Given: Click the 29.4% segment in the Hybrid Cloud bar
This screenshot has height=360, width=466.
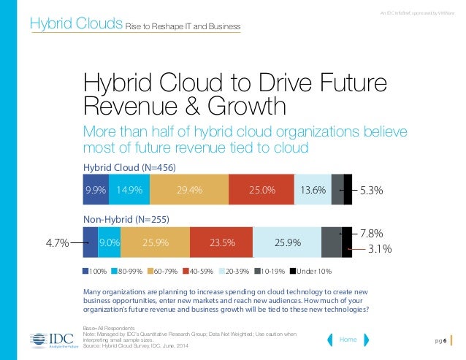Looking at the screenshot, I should click(x=190, y=191).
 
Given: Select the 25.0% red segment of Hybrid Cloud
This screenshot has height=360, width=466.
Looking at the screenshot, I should click(x=261, y=191).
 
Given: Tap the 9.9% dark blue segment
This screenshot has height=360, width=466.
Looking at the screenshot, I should click(x=96, y=191).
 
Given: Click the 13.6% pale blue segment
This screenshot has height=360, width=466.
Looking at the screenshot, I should click(x=313, y=191).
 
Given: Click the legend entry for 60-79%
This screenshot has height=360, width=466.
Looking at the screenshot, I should click(x=165, y=272).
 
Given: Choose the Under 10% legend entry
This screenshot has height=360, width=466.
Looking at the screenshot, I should click(x=310, y=272).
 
